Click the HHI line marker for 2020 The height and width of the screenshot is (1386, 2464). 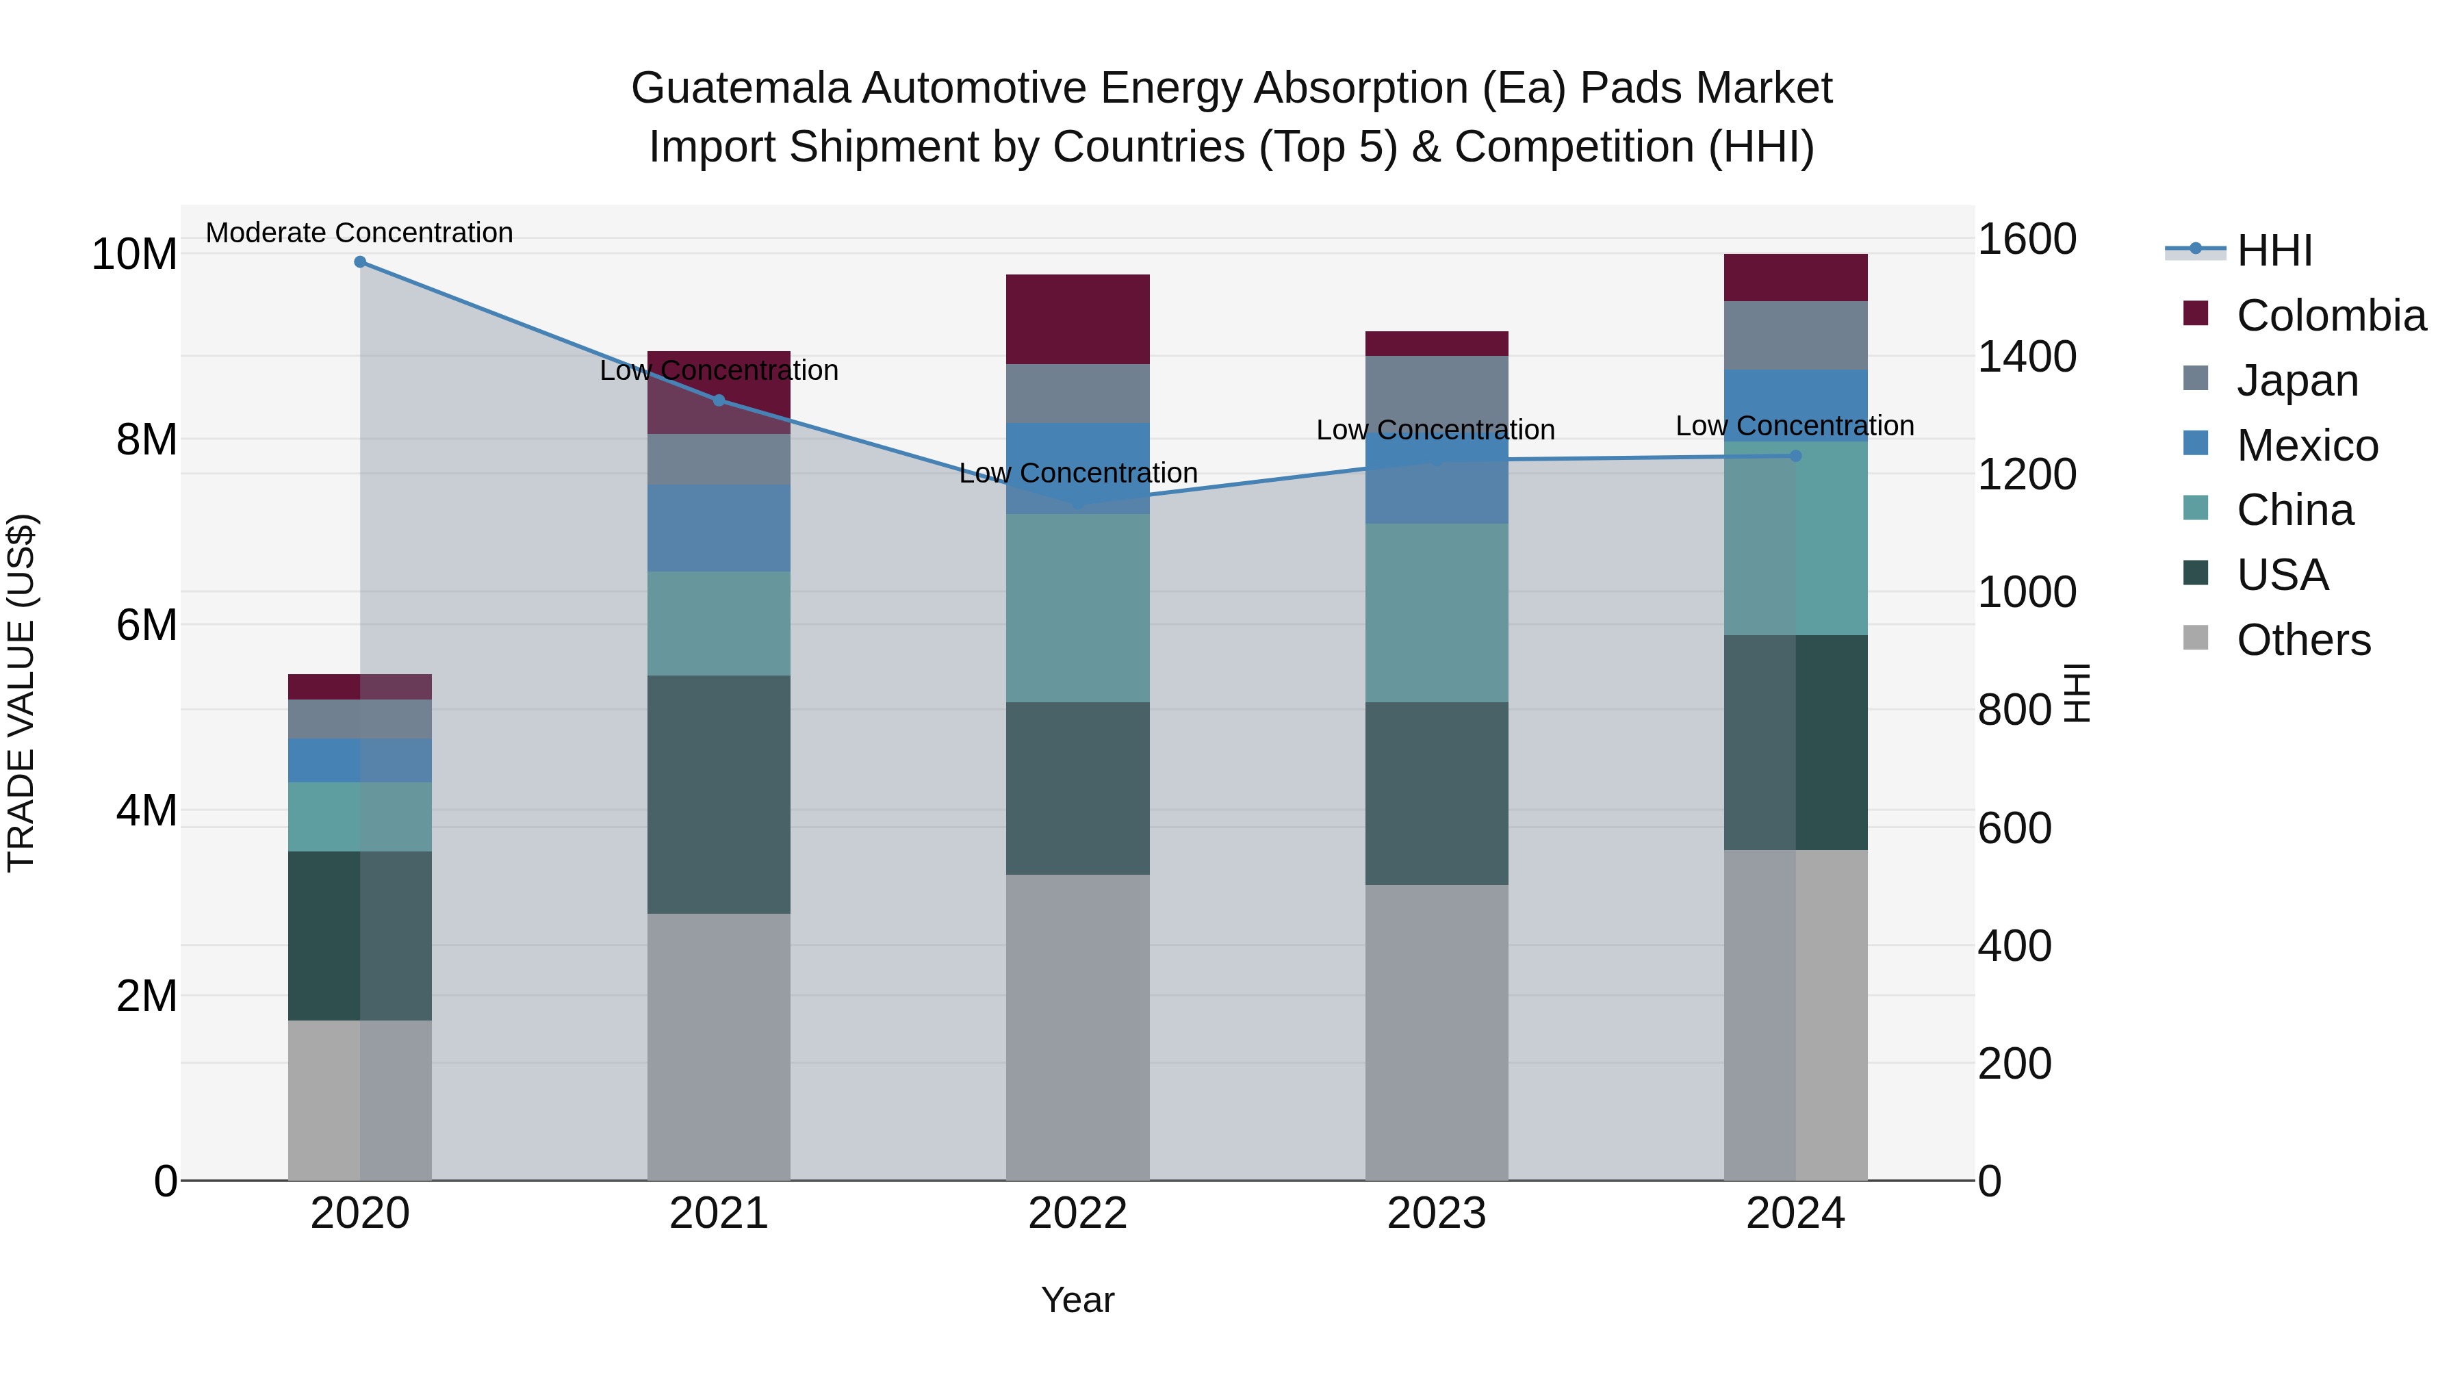pos(359,262)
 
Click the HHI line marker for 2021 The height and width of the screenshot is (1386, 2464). pos(719,400)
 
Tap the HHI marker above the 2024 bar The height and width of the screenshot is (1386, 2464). pos(1795,455)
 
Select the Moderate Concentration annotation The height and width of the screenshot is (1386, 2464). pos(359,233)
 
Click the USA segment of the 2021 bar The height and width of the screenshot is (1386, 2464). pos(719,794)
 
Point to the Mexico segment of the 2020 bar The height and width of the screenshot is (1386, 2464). pos(359,760)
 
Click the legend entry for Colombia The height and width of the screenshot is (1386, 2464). pos(2330,316)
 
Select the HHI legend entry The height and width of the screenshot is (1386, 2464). pos(2274,251)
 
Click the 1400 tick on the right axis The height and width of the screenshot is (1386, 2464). pos(2026,357)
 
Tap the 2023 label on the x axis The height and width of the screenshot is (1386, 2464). pos(1436,1214)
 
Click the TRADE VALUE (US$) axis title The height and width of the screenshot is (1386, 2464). pos(21,693)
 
